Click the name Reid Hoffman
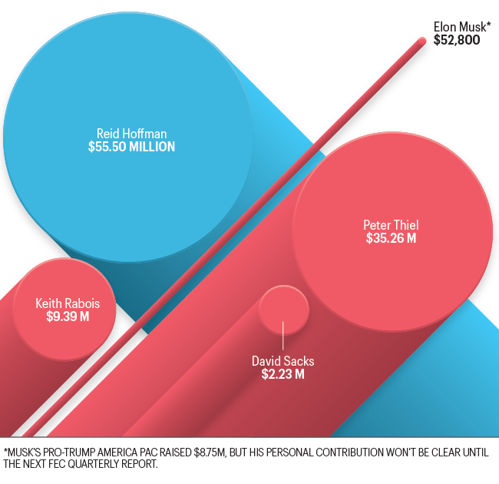[131, 132]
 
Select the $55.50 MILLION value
[131, 146]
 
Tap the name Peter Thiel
[392, 225]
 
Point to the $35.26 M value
[392, 239]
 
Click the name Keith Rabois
[68, 303]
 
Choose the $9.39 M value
[68, 316]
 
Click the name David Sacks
[283, 361]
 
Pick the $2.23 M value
[283, 375]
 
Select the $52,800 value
[457, 40]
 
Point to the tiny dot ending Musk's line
[421, 43]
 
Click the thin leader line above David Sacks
[283, 338]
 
